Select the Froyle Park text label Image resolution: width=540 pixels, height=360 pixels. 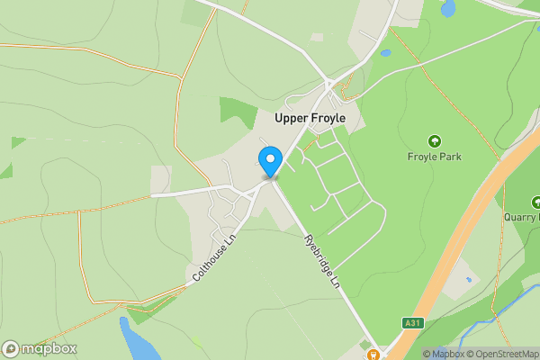[435, 157]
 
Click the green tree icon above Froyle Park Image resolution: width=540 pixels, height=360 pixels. [435, 140]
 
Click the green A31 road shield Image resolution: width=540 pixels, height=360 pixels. [411, 322]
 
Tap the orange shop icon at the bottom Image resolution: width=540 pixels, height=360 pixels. [373, 353]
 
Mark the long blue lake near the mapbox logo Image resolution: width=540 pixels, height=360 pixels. [137, 340]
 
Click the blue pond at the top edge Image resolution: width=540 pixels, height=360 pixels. [448, 8]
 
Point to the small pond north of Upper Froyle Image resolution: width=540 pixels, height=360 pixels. [386, 53]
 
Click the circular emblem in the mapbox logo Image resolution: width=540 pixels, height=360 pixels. [11, 349]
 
